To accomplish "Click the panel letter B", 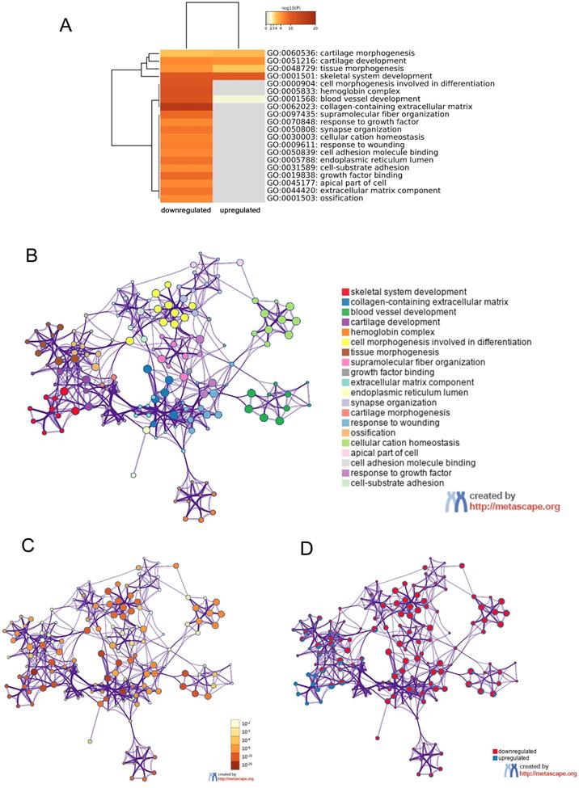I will point(32,256).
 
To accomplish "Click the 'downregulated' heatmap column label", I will point(184,209).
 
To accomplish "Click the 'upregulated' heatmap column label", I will point(240,209).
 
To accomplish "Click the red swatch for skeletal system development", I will point(345,292).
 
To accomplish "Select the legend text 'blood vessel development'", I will point(404,312).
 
